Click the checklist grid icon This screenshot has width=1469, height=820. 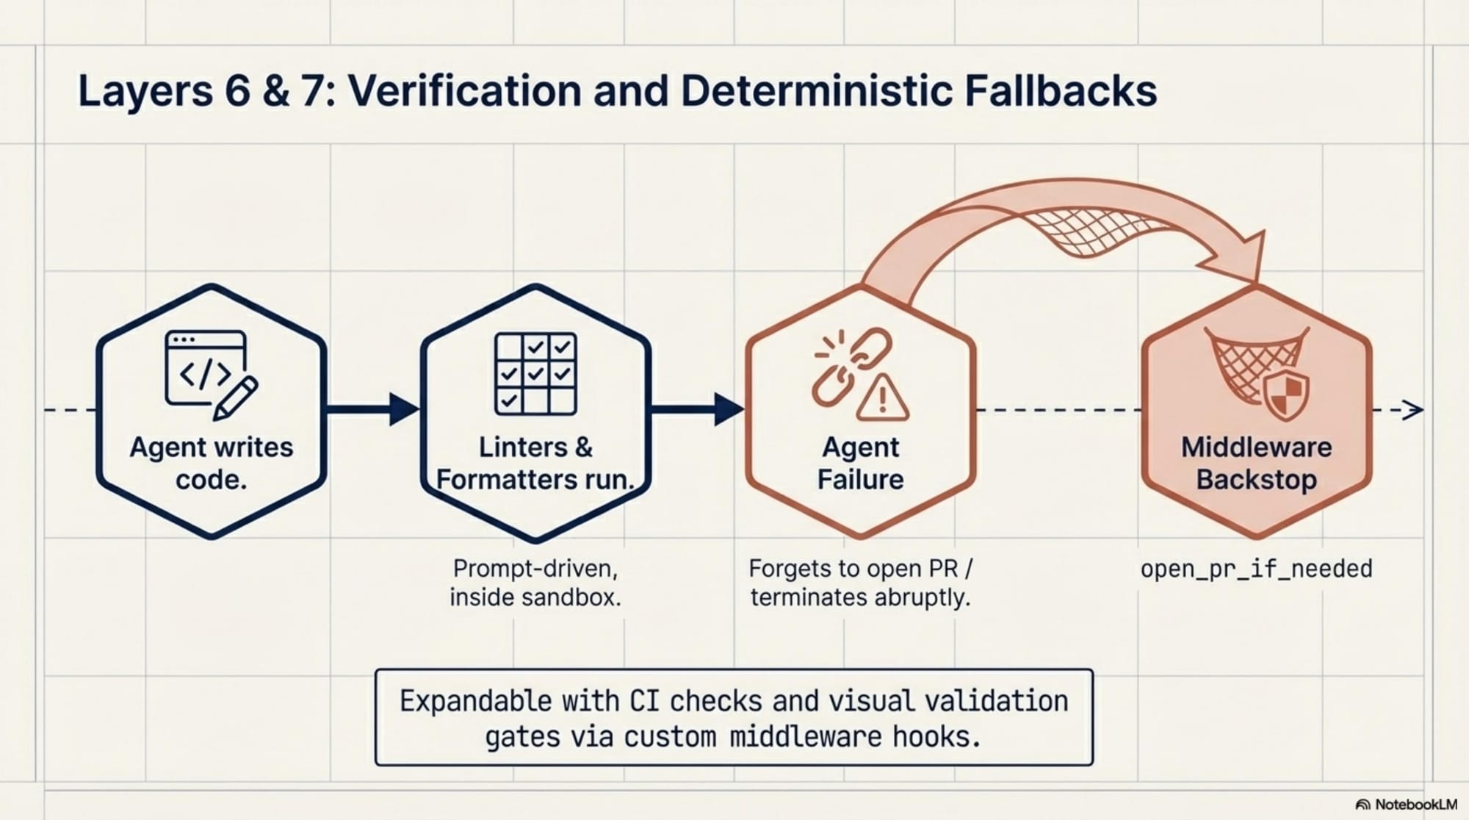(x=535, y=374)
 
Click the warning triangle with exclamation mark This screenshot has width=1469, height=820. (x=883, y=398)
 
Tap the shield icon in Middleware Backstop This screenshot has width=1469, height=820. (x=1286, y=395)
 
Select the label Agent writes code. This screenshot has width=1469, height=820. (x=212, y=463)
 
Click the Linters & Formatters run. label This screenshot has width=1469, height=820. (x=535, y=463)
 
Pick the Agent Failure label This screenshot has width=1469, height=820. (x=861, y=463)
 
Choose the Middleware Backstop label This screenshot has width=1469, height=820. (x=1256, y=463)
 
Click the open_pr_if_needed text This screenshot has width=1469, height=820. (x=1256, y=569)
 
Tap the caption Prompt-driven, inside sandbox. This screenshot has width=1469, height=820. (x=535, y=583)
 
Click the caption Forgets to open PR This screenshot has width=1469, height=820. (x=860, y=569)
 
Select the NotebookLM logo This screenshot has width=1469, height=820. (x=1406, y=805)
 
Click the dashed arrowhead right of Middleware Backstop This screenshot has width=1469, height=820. (x=1412, y=410)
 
